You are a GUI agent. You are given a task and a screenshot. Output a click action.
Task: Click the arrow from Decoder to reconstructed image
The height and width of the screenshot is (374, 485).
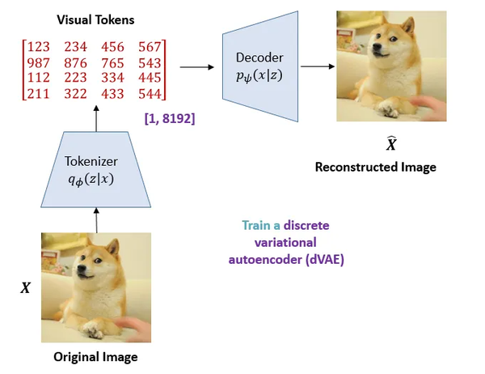(x=316, y=68)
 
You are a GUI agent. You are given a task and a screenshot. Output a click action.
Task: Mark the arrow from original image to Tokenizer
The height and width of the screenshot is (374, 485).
(x=97, y=219)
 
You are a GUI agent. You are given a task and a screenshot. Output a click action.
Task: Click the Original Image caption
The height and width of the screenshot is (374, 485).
(x=95, y=357)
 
